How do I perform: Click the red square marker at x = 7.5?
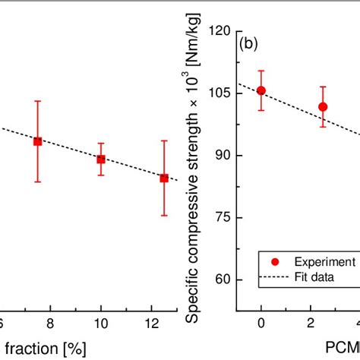[x=37, y=141]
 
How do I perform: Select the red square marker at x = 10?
[x=100, y=159]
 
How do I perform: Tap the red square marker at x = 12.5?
[x=163, y=178]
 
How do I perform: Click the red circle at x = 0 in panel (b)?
[x=261, y=90]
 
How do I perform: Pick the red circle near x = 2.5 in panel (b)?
[x=323, y=107]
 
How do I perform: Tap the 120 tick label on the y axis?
[x=220, y=30]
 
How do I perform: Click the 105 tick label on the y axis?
[x=220, y=93]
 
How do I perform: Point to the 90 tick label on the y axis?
[x=223, y=155]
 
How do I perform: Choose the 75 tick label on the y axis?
[x=223, y=217]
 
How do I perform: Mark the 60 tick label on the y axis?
[x=223, y=279]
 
